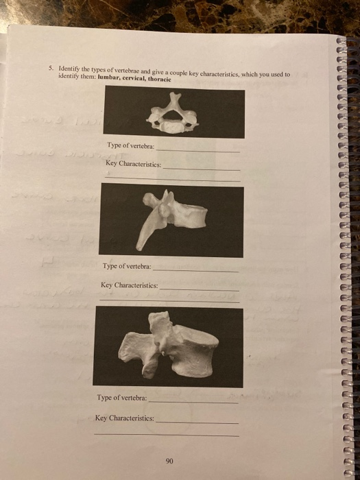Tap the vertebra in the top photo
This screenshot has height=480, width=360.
[x=173, y=115]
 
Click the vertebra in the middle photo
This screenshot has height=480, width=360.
[x=171, y=216]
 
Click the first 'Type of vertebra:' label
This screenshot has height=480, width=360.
[x=131, y=146]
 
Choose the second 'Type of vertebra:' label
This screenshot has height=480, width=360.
[x=127, y=267]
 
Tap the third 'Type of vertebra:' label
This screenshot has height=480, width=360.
[x=121, y=398]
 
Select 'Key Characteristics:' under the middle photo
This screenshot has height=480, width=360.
[x=129, y=285]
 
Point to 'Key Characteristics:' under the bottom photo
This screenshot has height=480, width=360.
[x=124, y=418]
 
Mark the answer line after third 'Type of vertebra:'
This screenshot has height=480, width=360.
[x=193, y=402]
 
